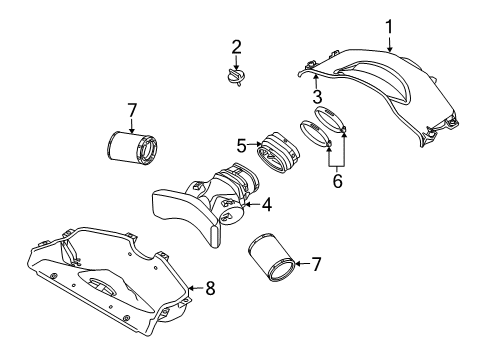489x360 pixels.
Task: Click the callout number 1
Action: click(390, 27)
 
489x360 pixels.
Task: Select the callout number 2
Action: click(236, 46)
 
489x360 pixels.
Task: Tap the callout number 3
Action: click(316, 97)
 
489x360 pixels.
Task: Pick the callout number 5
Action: click(242, 146)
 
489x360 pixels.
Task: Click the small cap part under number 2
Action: click(236, 77)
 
